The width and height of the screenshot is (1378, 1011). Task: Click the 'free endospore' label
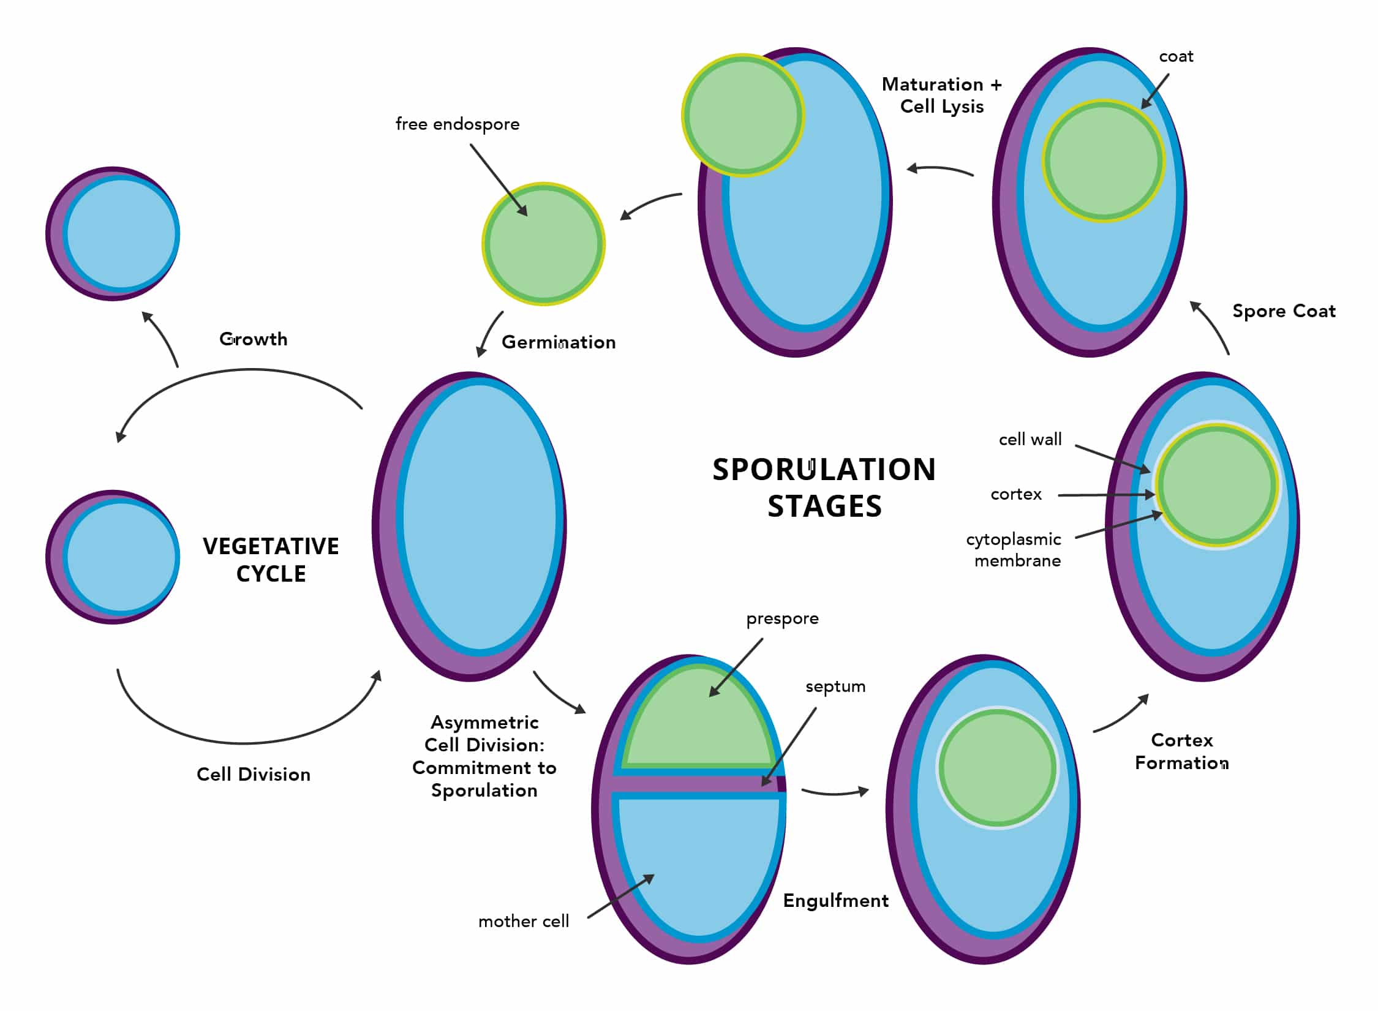pos(457,124)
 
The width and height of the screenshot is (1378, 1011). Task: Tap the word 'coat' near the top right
pos(1175,57)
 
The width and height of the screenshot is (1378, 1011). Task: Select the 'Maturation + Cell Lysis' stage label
pos(941,96)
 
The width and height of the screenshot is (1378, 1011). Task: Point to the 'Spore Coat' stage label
pos(1283,311)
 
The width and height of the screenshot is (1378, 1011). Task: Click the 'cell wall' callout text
pos(1030,440)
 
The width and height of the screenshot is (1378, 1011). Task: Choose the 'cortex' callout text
pos(1015,494)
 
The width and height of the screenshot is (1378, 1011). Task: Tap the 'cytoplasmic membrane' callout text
pos(1014,550)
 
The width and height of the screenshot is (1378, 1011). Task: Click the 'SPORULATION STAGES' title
pos(824,487)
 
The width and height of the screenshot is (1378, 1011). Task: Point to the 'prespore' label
pos(781,619)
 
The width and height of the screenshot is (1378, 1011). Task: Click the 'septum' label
pos(835,686)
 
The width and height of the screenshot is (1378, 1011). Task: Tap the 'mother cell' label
pos(523,922)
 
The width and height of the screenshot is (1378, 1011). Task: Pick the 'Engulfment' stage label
pos(835,901)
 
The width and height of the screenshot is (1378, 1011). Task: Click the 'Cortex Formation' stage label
pos(1181,751)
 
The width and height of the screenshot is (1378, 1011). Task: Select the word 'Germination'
pos(558,342)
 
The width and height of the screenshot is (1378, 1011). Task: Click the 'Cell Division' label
pos(253,775)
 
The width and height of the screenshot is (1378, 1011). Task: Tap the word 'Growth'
pos(253,339)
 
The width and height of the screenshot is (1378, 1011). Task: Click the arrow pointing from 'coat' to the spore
pos(1154,92)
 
